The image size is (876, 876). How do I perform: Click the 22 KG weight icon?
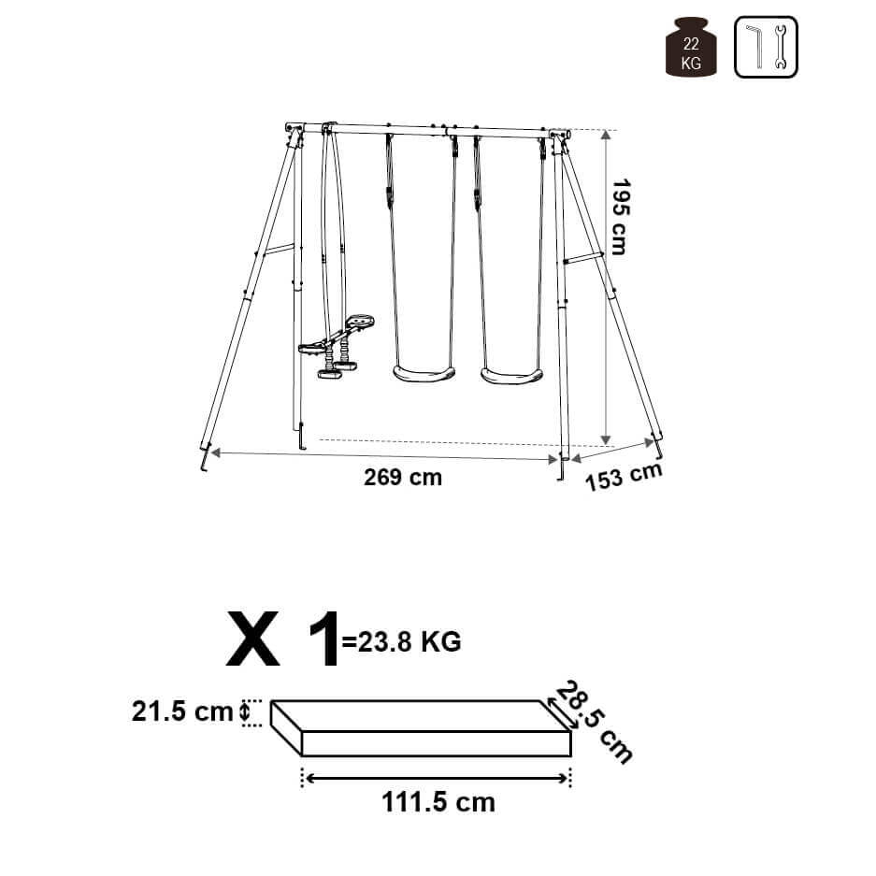tap(691, 48)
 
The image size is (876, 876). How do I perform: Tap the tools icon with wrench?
tap(766, 48)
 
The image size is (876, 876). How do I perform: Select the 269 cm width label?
tap(402, 478)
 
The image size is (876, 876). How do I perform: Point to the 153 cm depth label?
tap(625, 476)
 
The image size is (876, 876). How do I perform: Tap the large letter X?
tap(253, 639)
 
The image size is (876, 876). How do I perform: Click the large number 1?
tap(322, 639)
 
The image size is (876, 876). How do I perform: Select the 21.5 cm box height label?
tap(182, 712)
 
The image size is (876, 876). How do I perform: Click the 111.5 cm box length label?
tap(438, 802)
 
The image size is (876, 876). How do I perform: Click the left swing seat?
tap(424, 374)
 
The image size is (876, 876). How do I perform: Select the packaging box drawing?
tap(421, 729)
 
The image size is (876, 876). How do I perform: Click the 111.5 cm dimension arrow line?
tap(436, 778)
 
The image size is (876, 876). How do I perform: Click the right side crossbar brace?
tap(584, 258)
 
